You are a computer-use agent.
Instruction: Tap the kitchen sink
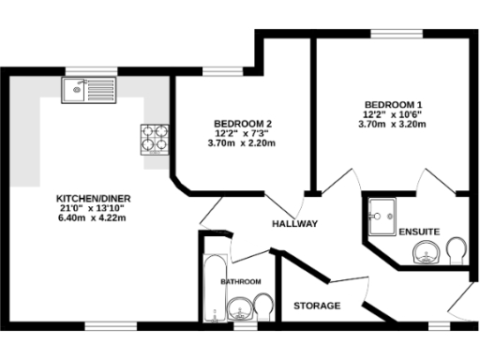(x=83, y=90)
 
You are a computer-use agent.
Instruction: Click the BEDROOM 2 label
(x=243, y=124)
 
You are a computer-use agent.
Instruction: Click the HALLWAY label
(x=295, y=224)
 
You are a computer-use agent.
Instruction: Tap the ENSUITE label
(x=417, y=232)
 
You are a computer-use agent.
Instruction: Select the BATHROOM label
(x=241, y=281)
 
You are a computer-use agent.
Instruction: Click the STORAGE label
(x=317, y=307)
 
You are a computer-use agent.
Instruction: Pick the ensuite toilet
(x=457, y=250)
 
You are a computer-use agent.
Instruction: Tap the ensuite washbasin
(x=429, y=251)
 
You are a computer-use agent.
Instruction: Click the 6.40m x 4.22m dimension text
(x=91, y=217)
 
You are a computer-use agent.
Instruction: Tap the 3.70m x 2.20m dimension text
(x=243, y=142)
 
